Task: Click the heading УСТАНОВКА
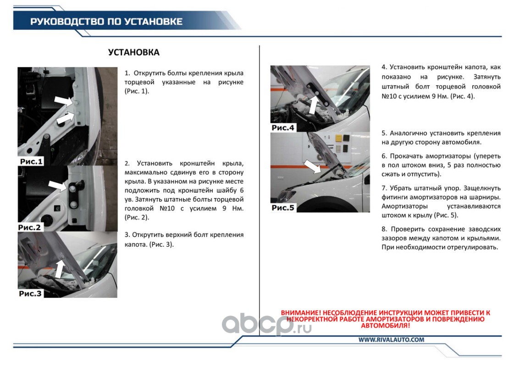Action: [x=134, y=52]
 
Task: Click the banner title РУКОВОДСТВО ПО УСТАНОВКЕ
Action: [x=106, y=22]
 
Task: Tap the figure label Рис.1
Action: [x=31, y=161]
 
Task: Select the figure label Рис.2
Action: [x=29, y=228]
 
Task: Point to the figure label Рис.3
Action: [x=30, y=294]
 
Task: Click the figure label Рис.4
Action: [x=283, y=128]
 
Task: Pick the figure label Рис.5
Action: [x=283, y=208]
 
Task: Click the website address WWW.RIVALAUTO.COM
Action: [x=391, y=339]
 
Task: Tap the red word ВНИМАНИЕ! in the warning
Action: [x=301, y=313]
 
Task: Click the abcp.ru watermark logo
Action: [x=267, y=324]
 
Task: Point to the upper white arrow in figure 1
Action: [x=64, y=100]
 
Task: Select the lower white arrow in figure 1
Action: [x=66, y=118]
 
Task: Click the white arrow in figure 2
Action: [x=58, y=185]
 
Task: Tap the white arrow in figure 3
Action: [x=60, y=268]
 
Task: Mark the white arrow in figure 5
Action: [x=312, y=166]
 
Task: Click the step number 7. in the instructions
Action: [x=384, y=188]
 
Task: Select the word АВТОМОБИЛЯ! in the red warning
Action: [x=385, y=326]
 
